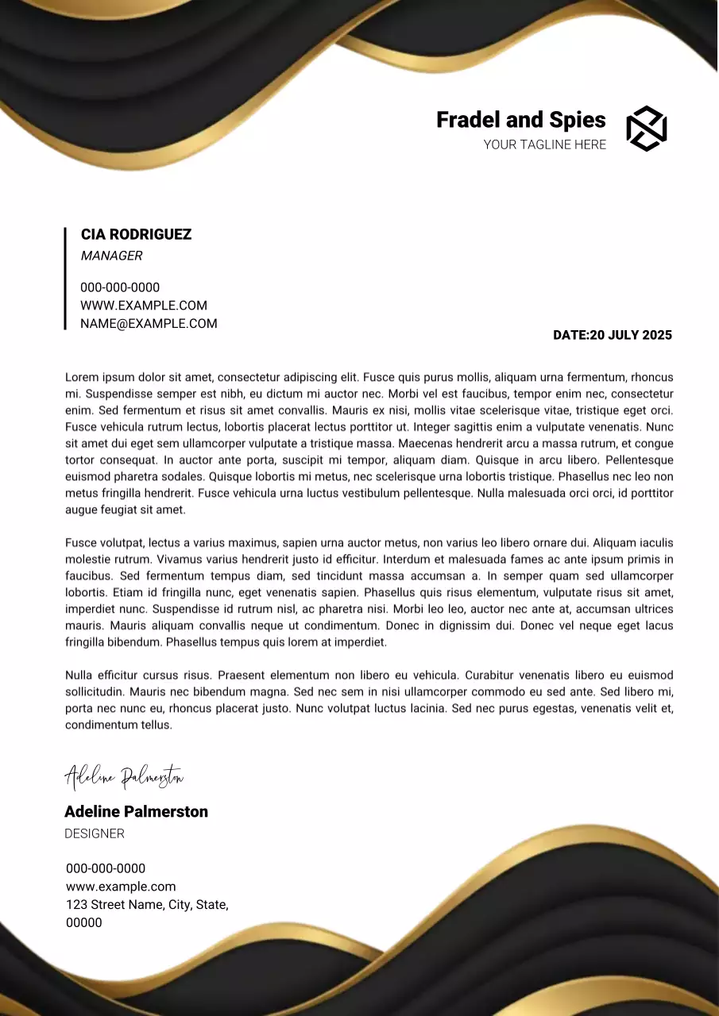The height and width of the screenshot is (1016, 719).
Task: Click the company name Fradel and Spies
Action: click(520, 120)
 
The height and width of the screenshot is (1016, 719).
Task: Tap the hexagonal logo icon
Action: click(646, 129)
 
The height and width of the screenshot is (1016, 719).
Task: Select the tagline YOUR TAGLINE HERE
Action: click(544, 144)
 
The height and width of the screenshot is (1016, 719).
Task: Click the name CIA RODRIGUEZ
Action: click(136, 234)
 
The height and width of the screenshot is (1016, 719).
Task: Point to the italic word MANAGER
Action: click(111, 256)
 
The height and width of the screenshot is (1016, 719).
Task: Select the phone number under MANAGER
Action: click(120, 287)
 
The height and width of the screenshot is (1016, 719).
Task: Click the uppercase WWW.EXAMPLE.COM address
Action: click(143, 306)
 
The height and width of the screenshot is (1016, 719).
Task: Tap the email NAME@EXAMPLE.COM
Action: click(149, 324)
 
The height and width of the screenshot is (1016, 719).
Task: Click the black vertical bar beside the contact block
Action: click(65, 278)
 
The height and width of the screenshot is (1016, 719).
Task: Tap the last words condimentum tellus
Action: click(118, 725)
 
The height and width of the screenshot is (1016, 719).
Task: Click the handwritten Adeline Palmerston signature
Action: click(124, 777)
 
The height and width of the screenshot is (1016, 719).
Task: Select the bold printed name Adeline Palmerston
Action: click(136, 811)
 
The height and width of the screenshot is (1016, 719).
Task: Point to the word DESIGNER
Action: click(95, 833)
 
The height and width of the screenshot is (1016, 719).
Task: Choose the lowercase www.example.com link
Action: click(121, 887)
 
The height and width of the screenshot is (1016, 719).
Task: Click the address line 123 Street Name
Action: click(147, 905)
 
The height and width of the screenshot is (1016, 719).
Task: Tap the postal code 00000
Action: click(84, 922)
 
